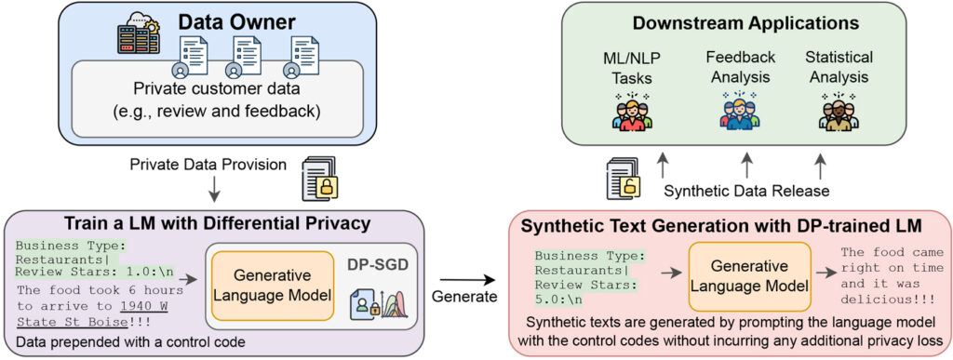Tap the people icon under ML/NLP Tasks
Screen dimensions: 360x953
[633, 110]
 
